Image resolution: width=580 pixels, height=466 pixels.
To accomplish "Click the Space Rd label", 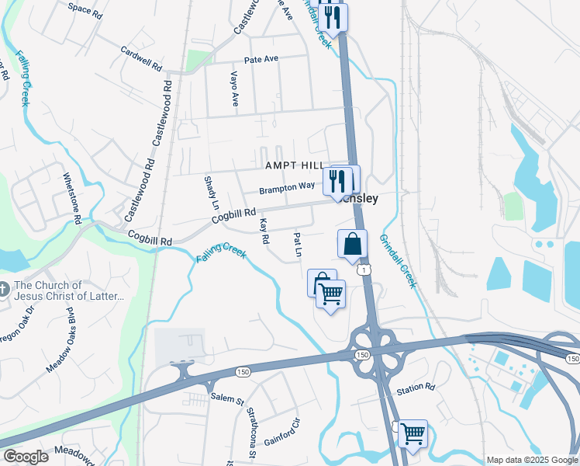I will point(85,9).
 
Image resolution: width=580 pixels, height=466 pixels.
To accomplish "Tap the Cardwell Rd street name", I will point(140,57).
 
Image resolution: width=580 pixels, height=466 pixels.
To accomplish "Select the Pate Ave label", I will point(261,59).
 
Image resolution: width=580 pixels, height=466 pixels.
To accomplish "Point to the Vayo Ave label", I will point(233,89).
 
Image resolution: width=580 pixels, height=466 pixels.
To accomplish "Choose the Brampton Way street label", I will point(287,187).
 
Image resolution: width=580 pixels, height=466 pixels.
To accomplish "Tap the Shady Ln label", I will point(211,192).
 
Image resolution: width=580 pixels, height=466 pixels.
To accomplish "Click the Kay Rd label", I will point(264,231).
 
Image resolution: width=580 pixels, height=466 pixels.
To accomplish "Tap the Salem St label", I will point(227,399).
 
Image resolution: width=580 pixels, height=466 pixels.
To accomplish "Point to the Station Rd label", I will point(416,387).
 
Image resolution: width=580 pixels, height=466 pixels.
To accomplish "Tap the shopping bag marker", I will point(352,244).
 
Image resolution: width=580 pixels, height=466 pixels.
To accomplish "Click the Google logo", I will point(26,456).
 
